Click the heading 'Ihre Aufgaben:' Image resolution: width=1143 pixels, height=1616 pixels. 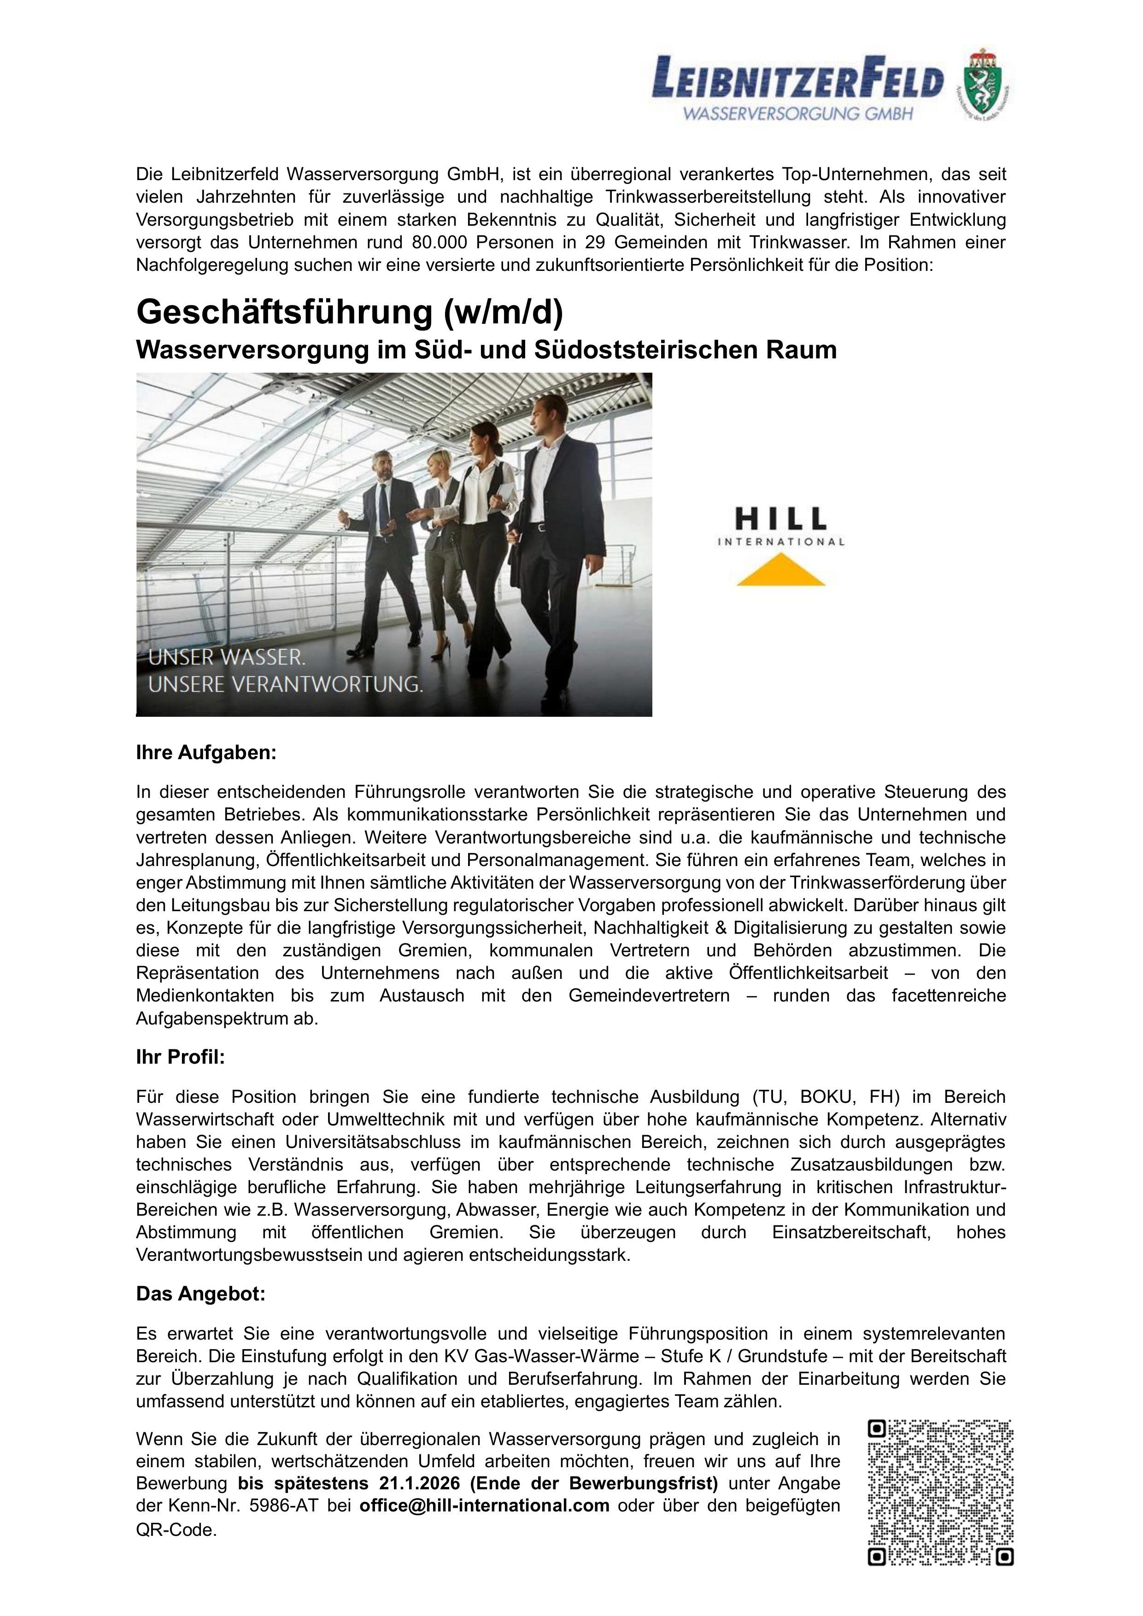pos(206,752)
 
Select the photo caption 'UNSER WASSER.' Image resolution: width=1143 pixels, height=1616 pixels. pos(227,658)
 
